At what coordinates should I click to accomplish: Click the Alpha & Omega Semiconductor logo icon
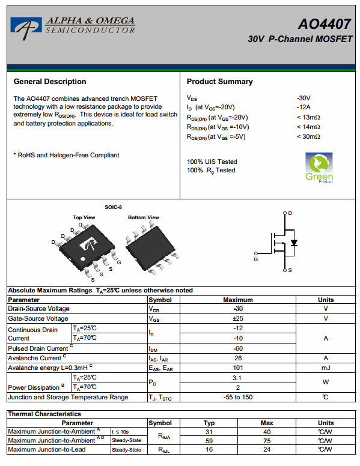[x=26, y=28]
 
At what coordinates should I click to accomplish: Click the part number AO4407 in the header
[x=325, y=24]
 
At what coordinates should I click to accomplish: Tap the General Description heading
[x=50, y=82]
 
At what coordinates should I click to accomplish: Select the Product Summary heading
[x=219, y=82]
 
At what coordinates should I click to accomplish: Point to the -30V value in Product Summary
[x=303, y=98]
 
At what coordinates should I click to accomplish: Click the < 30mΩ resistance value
[x=308, y=136]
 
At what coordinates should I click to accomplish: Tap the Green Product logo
[x=319, y=168]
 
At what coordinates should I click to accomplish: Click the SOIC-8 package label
[x=113, y=207]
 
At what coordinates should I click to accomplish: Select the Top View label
[x=84, y=217]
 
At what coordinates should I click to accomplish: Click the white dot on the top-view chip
[x=83, y=259]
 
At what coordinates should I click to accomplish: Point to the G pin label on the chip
[x=119, y=262]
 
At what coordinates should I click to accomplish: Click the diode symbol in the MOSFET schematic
[x=294, y=243]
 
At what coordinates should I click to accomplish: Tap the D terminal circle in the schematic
[x=285, y=213]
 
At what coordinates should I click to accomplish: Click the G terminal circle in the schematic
[x=256, y=253]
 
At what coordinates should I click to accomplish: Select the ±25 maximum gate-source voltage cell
[x=238, y=319]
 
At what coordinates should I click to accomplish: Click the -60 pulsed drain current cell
[x=238, y=348]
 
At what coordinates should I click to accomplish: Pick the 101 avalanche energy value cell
[x=238, y=368]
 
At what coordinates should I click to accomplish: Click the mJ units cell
[x=326, y=368]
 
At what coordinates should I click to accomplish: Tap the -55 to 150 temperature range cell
[x=238, y=398]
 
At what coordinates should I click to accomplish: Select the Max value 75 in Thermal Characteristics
[x=267, y=441]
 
